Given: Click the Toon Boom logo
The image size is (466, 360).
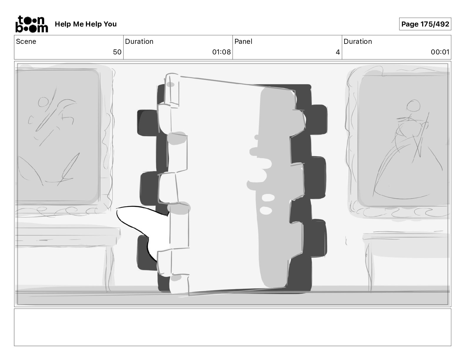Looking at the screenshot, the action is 32,24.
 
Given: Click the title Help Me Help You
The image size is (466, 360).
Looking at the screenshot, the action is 86,24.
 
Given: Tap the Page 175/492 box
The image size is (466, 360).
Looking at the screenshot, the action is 425,24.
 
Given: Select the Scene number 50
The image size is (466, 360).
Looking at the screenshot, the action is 117,52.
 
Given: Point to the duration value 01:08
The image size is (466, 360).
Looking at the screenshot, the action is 222,52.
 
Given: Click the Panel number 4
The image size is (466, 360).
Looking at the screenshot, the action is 338,52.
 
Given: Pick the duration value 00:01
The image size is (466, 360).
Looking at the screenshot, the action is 440,52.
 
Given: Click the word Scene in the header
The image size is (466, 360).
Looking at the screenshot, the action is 26,41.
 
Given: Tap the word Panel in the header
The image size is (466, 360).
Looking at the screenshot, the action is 243,41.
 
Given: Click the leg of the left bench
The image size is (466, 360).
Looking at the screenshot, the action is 109,268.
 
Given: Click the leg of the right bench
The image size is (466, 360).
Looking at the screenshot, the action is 369,268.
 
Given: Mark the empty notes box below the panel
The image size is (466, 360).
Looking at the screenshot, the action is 233,327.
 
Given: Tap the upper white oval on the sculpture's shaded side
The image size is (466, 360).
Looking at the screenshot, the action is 268,197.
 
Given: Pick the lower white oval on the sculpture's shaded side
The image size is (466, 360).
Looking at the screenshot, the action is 266,210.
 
